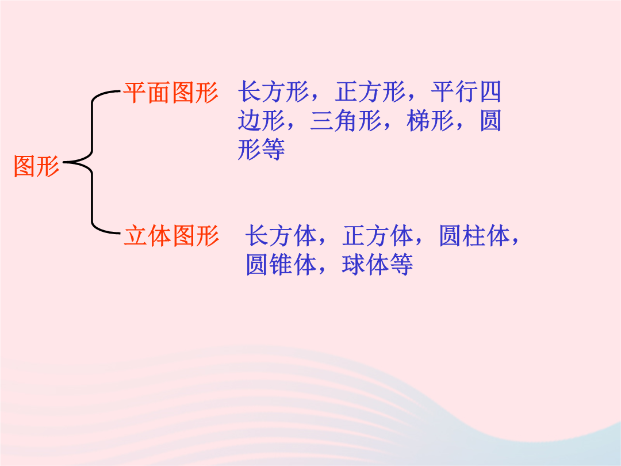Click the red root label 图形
coord(36,166)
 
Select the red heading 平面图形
coord(171,93)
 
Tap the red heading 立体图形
coord(171,236)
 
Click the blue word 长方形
coord(273,92)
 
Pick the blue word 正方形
coord(370,92)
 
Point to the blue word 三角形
coord(346,121)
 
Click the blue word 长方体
coord(281,236)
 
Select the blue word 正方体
coord(378,236)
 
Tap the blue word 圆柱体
coord(474,236)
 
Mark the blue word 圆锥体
coord(281,265)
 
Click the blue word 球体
coord(366,265)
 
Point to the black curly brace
coord(92,162)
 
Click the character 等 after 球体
coord(401,265)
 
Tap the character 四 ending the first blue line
coord(490,92)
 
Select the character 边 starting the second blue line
coord(250,121)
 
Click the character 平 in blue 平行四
coord(443,92)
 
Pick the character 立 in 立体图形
coord(136,236)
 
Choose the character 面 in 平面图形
coord(159,93)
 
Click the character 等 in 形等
coord(273,150)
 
